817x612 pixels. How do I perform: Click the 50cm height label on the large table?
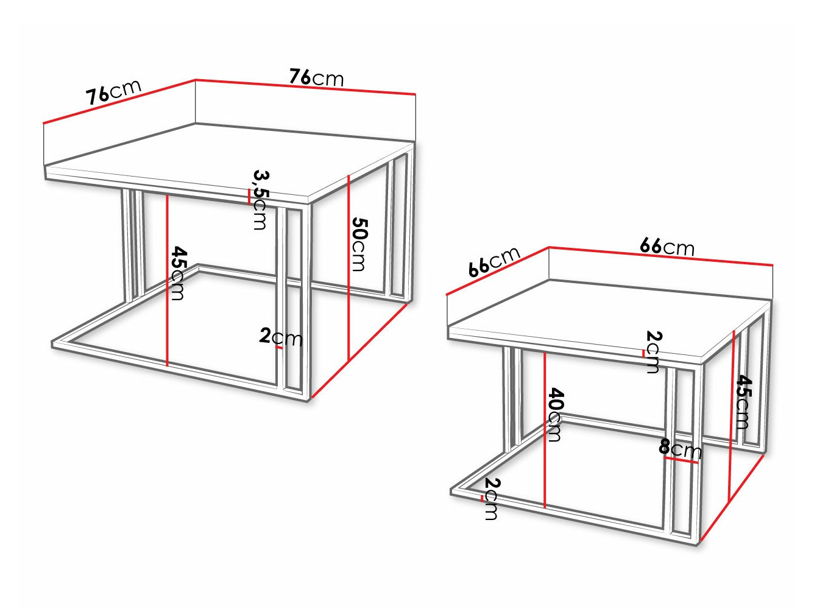click(359, 244)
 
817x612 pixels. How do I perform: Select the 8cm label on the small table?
click(680, 449)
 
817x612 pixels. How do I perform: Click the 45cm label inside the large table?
click(177, 273)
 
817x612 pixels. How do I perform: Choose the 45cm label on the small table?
click(743, 402)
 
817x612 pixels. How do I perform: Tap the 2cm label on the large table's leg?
click(280, 337)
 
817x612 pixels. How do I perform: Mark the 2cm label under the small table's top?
click(653, 351)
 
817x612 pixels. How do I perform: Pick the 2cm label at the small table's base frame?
click(491, 499)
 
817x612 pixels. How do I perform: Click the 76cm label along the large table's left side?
click(113, 92)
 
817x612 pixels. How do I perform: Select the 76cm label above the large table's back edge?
click(316, 77)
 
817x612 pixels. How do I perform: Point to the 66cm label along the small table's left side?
click(494, 261)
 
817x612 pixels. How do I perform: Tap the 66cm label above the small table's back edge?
click(667, 247)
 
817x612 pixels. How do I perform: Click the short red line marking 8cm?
click(681, 461)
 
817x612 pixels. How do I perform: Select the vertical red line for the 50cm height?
click(348, 268)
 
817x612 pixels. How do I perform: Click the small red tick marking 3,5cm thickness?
click(249, 196)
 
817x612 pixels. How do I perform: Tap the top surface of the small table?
click(609, 317)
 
